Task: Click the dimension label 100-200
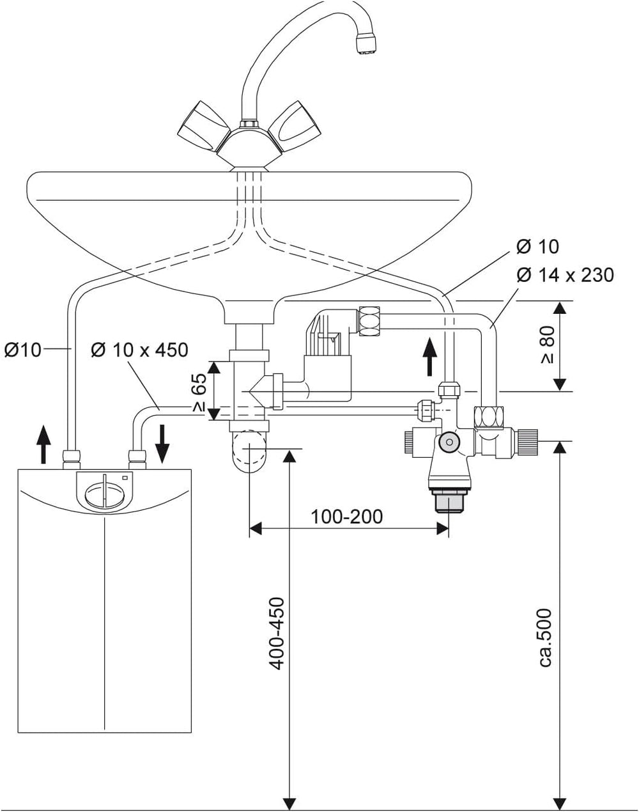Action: coord(347,516)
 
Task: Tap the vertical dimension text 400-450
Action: coord(277,633)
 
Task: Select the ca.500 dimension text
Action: coord(545,638)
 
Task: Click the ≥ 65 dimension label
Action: coord(199,391)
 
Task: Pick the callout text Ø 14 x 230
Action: coord(565,275)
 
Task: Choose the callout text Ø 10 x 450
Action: coord(139,350)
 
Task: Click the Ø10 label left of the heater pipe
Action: coord(23,350)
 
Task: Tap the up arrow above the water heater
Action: coord(43,444)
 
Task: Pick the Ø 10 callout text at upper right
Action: coord(537,246)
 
